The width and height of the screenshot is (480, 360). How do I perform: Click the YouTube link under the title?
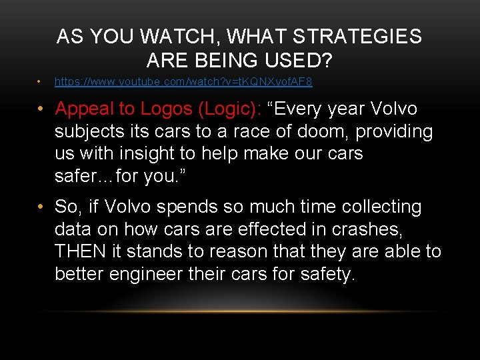(x=183, y=82)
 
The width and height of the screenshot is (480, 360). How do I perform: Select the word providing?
(x=394, y=132)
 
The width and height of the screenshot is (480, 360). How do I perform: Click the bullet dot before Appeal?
(x=41, y=109)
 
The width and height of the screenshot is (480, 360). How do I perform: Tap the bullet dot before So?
(x=41, y=207)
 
